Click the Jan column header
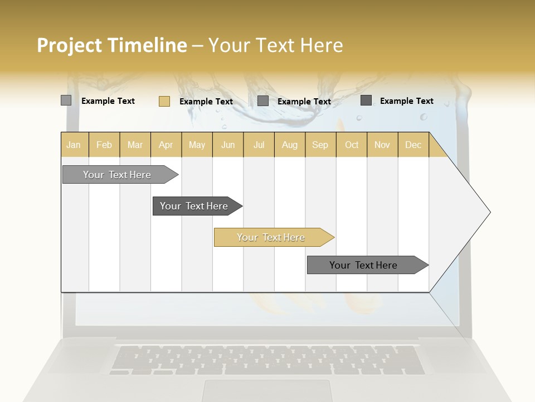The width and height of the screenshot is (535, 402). tap(74, 145)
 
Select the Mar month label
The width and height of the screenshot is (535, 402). tap(135, 145)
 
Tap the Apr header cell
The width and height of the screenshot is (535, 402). tap(166, 145)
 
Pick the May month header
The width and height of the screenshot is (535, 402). tap(197, 145)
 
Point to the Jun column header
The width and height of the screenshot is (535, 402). tap(228, 145)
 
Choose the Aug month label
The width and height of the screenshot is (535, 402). tap(289, 145)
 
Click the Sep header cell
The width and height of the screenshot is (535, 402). tap(320, 145)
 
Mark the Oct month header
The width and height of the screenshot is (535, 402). tap(352, 145)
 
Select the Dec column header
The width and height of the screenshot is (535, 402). tap(413, 145)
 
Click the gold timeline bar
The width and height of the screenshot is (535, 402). tap(271, 237)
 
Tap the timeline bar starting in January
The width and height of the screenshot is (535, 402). tap(117, 175)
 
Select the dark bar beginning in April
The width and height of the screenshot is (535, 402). tap(194, 206)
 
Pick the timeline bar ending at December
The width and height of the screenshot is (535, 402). tap(363, 265)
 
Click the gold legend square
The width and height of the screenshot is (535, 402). tap(164, 101)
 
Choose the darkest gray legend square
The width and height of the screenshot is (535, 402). tap(366, 100)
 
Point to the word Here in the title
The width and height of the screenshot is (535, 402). tap(322, 45)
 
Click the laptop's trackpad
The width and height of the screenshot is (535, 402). tap(267, 391)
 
